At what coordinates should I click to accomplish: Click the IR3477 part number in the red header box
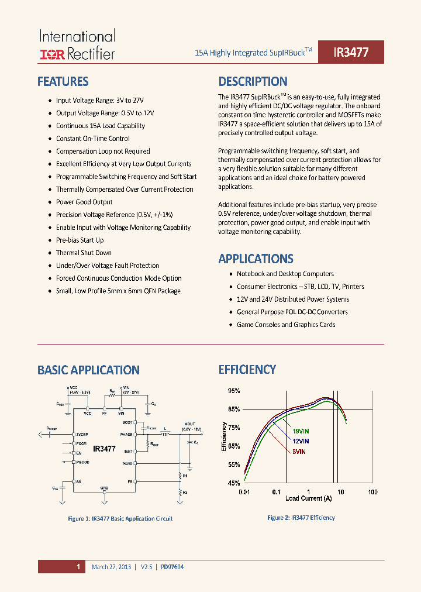click(x=351, y=52)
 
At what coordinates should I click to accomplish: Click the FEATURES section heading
click(x=63, y=82)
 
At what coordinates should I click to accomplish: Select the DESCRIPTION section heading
click(x=253, y=82)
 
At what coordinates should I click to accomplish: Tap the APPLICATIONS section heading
click(x=256, y=259)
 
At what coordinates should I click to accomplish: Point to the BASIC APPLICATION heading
click(x=88, y=370)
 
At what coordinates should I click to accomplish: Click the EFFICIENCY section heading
click(x=247, y=370)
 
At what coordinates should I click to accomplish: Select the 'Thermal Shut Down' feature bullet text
click(x=84, y=253)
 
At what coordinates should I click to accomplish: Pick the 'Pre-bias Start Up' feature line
click(x=80, y=240)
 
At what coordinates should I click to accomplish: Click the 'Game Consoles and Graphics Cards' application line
click(x=286, y=325)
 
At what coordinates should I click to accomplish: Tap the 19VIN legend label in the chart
click(x=301, y=431)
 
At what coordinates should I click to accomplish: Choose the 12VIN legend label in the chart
click(x=301, y=441)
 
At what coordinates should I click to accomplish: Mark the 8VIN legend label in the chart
click(x=298, y=451)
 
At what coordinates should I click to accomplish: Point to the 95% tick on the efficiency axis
click(x=234, y=391)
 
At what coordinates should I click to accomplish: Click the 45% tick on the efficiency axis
click(x=234, y=483)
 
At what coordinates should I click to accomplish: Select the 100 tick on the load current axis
click(x=372, y=492)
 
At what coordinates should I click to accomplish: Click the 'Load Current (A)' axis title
click(x=308, y=498)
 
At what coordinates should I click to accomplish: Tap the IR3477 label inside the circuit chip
click(x=104, y=449)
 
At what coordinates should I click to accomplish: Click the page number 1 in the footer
click(x=78, y=567)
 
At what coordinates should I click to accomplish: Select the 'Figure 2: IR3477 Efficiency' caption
click(x=301, y=518)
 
